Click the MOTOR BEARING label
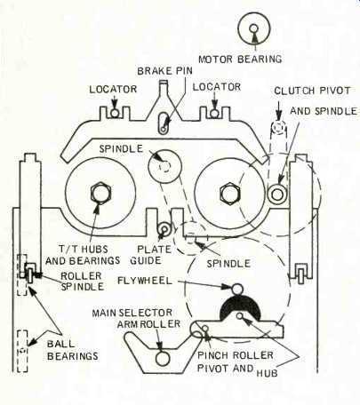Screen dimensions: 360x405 tap(240, 59)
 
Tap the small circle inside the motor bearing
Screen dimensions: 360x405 tap(253, 28)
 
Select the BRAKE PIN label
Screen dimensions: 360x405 tap(164, 71)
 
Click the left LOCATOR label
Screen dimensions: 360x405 tap(113, 89)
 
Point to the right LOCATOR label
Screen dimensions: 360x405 tap(217, 87)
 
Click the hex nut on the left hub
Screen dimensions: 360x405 tap(101, 194)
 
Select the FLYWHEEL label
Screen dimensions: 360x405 tap(145, 281)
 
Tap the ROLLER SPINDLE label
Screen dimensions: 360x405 tap(82, 282)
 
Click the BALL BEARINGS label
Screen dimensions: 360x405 tap(72, 350)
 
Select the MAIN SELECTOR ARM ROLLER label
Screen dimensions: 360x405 tap(136, 318)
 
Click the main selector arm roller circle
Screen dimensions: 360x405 tap(163, 359)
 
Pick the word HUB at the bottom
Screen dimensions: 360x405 tap(267, 372)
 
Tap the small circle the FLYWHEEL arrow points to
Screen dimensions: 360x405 tap(237, 289)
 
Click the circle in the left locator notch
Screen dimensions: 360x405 tap(115, 113)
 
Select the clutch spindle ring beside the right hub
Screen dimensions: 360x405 tap(277, 195)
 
